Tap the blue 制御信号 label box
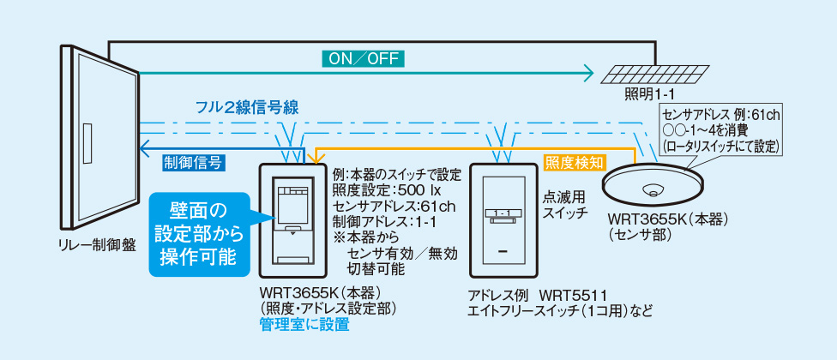tap(193, 160)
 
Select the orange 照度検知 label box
tap(575, 160)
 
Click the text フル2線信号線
tap(246, 108)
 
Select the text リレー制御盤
tap(93, 244)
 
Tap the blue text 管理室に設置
tap(304, 326)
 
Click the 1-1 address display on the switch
tap(503, 211)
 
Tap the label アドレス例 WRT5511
tap(539, 295)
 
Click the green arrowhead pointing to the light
tap(588, 73)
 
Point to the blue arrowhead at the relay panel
tap(144, 143)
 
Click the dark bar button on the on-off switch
tap(503, 252)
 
